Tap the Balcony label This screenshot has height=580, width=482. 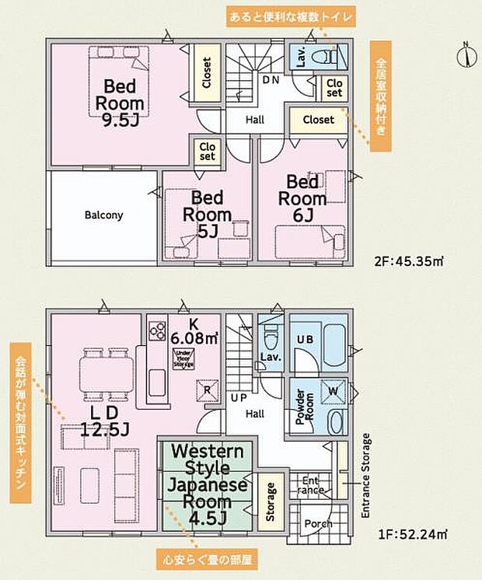coord(103,215)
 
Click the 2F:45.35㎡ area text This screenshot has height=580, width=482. coord(414,262)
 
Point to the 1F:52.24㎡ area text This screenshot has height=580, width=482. coord(413,533)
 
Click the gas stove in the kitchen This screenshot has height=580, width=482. coord(156,330)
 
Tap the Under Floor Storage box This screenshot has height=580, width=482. coord(183,358)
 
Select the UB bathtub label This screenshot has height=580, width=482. coord(304,340)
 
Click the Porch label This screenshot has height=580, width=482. coord(317,523)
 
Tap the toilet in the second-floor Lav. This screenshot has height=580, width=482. coord(328,57)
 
